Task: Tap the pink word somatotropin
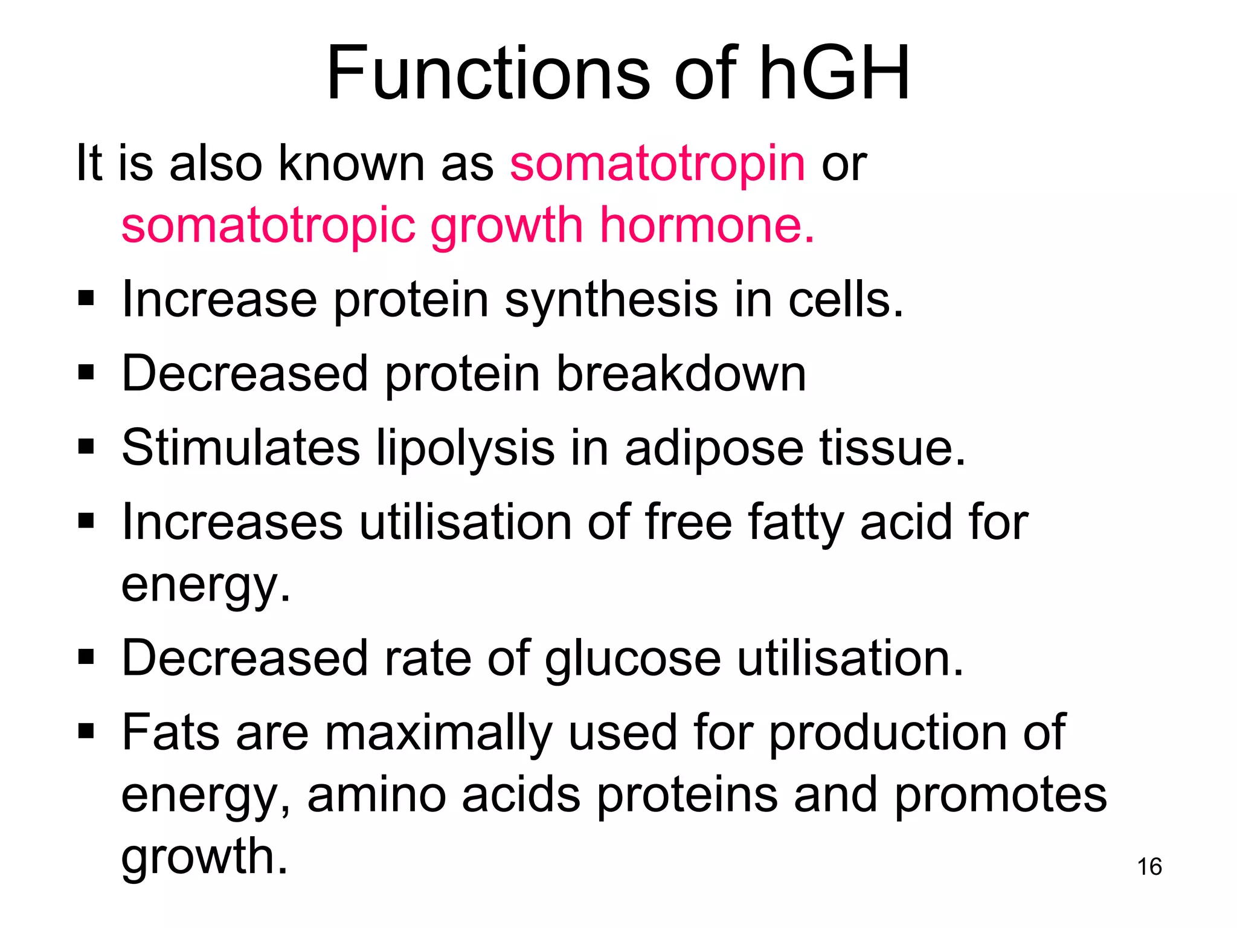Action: pyautogui.click(x=657, y=164)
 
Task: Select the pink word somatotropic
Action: pyautogui.click(x=268, y=226)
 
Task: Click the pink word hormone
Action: pyautogui.click(x=707, y=225)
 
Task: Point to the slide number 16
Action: pyautogui.click(x=1149, y=866)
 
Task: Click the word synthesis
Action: pyautogui.click(x=612, y=300)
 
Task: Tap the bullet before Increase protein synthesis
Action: pyautogui.click(x=86, y=298)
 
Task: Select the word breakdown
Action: pyautogui.click(x=681, y=373)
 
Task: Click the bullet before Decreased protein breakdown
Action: pyautogui.click(x=86, y=373)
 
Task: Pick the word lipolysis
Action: pyautogui.click(x=465, y=449)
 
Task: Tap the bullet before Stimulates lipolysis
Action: pyautogui.click(x=86, y=447)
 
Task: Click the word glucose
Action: pyautogui.click(x=632, y=659)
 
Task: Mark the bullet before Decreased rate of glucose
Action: pyautogui.click(x=86, y=657)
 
